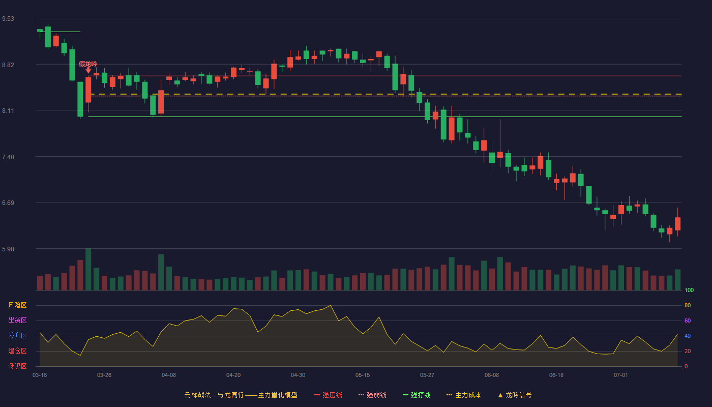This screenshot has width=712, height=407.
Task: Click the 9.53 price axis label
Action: pyautogui.click(x=8, y=19)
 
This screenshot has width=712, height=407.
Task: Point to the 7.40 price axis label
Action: pyautogui.click(x=8, y=157)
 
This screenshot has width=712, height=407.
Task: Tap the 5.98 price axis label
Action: pyautogui.click(x=8, y=249)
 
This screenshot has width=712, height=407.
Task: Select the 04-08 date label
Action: pyautogui.click(x=169, y=375)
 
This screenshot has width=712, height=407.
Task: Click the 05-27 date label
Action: pyautogui.click(x=427, y=375)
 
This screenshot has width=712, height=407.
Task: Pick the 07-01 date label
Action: pyautogui.click(x=621, y=375)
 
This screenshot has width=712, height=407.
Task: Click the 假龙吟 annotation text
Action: pyautogui.click(x=88, y=64)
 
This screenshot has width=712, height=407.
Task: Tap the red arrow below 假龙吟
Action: pyautogui.click(x=88, y=70)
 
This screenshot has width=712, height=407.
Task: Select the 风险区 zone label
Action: pyautogui.click(x=17, y=305)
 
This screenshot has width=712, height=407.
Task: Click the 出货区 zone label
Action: pyautogui.click(x=17, y=320)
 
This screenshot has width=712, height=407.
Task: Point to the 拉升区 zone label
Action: pyautogui.click(x=17, y=335)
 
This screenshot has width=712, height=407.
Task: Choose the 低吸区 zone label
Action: pyautogui.click(x=17, y=366)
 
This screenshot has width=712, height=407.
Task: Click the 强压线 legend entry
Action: pyautogui.click(x=329, y=395)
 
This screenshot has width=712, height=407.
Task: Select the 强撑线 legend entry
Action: pyautogui.click(x=417, y=395)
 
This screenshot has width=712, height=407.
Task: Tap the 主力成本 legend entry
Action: pyautogui.click(x=464, y=395)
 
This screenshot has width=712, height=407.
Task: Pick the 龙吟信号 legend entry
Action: pyautogui.click(x=515, y=395)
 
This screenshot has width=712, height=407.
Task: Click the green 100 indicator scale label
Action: pyautogui.click(x=689, y=290)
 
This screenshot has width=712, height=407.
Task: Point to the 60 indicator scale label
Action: pyautogui.click(x=688, y=321)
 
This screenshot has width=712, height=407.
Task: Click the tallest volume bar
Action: pyautogui.click(x=88, y=269)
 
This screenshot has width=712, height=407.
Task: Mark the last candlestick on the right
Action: pyautogui.click(x=677, y=222)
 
